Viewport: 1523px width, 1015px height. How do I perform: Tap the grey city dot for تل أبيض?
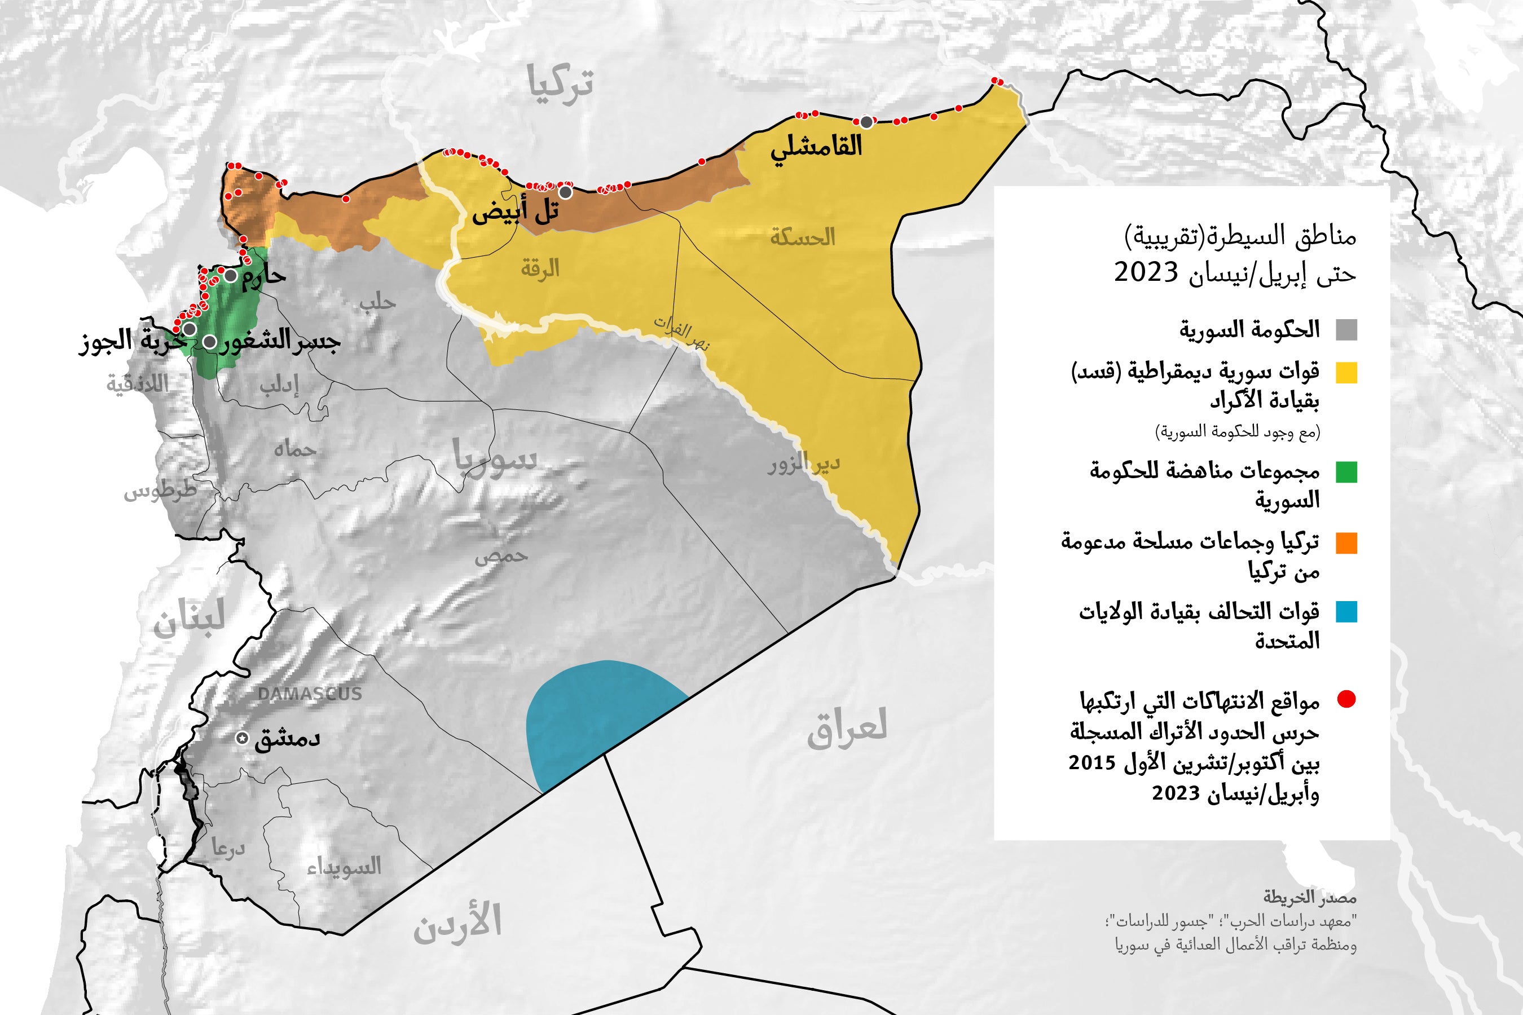(566, 192)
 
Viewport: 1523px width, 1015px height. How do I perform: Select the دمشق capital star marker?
(242, 738)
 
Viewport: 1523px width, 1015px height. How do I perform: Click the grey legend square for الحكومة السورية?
(1346, 330)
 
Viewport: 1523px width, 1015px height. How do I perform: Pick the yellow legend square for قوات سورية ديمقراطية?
(1346, 373)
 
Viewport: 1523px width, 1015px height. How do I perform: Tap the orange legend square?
(1346, 542)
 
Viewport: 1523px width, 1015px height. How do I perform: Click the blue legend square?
(1346, 612)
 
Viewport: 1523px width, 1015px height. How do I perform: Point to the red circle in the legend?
(1346, 699)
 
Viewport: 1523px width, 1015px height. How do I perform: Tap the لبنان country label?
(188, 618)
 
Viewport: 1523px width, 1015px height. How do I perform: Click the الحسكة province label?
(802, 237)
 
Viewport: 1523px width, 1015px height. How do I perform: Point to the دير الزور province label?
(804, 464)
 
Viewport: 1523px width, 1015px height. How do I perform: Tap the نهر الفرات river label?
(681, 333)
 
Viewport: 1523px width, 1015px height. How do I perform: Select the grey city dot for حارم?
(231, 276)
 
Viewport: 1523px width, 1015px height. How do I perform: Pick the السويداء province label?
(344, 866)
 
